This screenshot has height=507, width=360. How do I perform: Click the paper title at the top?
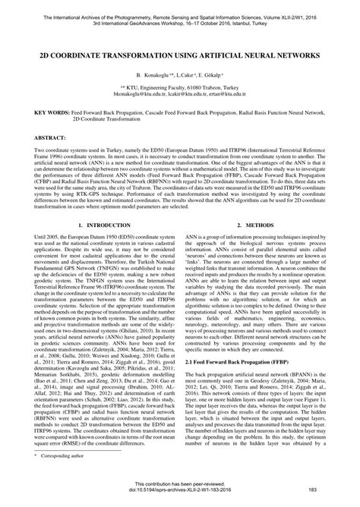180,56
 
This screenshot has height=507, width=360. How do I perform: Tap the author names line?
180,77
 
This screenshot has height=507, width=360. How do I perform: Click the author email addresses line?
180,95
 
